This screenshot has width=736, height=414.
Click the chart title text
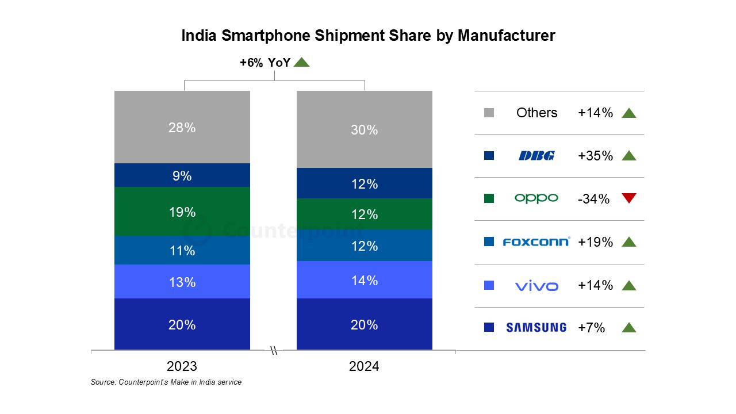pos(368,36)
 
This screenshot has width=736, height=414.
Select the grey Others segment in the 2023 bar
pos(182,127)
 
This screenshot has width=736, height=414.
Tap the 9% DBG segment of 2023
pos(182,175)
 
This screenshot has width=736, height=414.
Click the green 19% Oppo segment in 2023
pos(182,212)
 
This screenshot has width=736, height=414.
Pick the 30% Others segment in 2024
pos(365,129)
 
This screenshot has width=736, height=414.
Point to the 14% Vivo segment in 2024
pos(365,280)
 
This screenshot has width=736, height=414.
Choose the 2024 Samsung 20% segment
pos(365,324)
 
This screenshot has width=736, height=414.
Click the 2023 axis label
pos(182,366)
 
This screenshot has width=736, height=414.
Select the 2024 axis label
pos(364,366)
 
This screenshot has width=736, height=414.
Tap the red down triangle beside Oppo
pos(629,198)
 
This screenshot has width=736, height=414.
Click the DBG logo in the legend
pos(536,155)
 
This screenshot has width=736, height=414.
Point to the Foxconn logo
pos(536,241)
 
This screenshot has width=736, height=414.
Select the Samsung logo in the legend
pos(536,328)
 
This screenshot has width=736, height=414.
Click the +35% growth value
pos(595,156)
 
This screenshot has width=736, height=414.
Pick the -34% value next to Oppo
pos(593,199)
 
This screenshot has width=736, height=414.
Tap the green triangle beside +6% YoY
pos(301,62)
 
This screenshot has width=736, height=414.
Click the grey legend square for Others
pos(489,113)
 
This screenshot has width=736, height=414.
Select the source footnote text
pos(166,382)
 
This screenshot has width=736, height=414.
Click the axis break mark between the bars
pos(274,350)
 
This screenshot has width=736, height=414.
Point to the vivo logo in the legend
pos(536,285)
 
